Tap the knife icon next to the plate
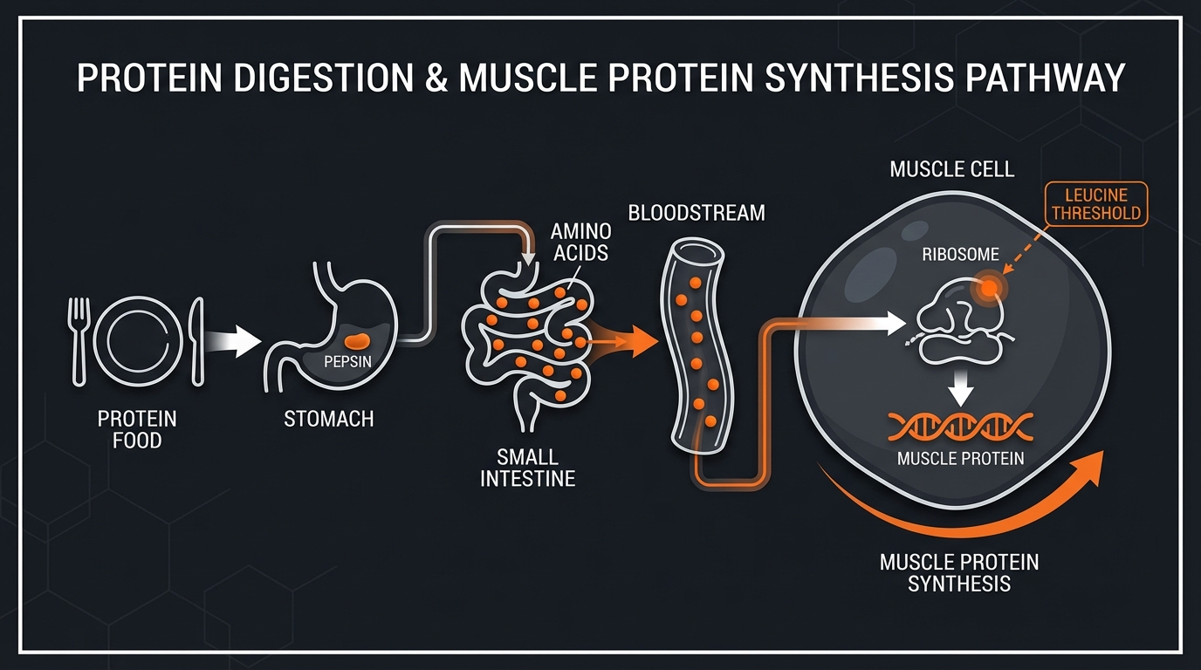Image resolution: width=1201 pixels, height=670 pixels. coord(196,340)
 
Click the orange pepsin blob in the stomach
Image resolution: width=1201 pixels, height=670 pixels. coord(358,338)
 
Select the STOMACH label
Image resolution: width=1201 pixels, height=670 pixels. coord(329,420)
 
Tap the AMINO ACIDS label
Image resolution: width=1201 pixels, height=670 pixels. coord(580,245)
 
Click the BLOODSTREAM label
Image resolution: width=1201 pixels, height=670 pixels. coord(697,213)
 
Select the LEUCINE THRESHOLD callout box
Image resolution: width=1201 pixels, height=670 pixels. coord(1095,204)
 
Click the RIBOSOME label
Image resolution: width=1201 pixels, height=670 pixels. coord(958,255)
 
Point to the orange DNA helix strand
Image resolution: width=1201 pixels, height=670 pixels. coord(960,427)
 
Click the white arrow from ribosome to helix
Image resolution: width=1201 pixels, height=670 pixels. coord(961,389)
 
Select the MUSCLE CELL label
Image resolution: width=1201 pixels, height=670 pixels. coord(951,168)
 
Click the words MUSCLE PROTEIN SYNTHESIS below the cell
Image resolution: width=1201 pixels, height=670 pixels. coord(959,572)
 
